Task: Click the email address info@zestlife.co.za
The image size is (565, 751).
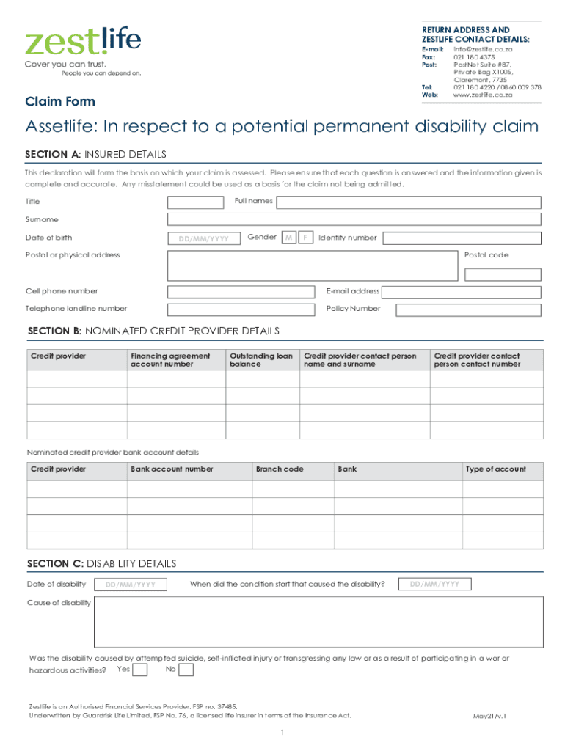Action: pyautogui.click(x=483, y=49)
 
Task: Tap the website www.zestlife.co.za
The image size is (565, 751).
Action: pyautogui.click(x=482, y=95)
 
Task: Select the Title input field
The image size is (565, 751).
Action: pyautogui.click(x=196, y=202)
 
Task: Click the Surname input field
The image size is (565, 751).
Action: pyautogui.click(x=354, y=219)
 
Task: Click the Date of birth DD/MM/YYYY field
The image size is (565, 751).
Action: pyautogui.click(x=204, y=238)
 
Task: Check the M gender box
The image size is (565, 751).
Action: pyautogui.click(x=289, y=238)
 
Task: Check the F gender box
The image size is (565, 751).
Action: pyautogui.click(x=306, y=238)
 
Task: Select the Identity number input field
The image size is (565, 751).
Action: pyautogui.click(x=462, y=238)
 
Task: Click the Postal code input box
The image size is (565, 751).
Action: pyautogui.click(x=503, y=274)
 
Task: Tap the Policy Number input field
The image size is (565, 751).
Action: pyautogui.click(x=468, y=310)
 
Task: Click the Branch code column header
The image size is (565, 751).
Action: pyautogui.click(x=280, y=469)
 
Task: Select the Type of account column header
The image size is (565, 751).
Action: pyautogui.click(x=496, y=469)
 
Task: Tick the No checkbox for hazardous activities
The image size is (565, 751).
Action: pyautogui.click(x=186, y=670)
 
